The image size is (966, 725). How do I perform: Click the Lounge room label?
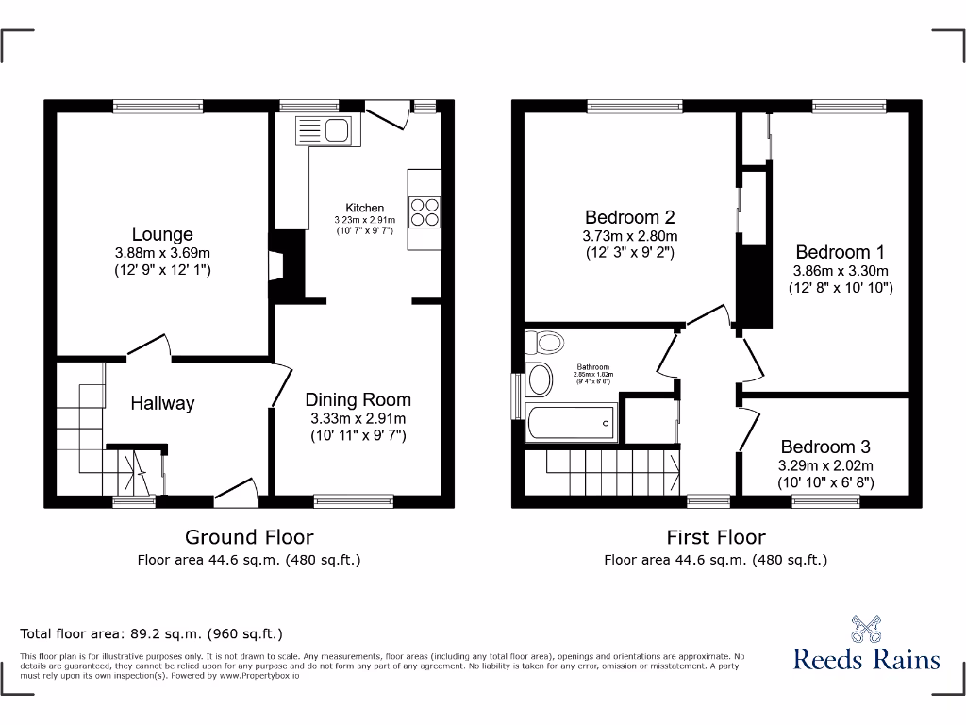(x=162, y=234)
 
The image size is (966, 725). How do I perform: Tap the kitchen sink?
(x=324, y=130)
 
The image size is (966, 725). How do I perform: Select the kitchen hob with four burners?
(x=425, y=211)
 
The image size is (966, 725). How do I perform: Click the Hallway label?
(x=162, y=403)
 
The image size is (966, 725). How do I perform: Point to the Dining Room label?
(x=358, y=399)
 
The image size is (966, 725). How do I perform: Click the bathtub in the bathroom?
(x=572, y=422)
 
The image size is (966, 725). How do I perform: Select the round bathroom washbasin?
(x=541, y=379)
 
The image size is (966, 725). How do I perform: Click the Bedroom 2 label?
(x=629, y=217)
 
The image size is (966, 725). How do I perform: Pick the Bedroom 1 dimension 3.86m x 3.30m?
(x=840, y=270)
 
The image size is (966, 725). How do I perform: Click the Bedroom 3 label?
(x=825, y=447)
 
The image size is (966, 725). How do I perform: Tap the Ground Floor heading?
(x=249, y=537)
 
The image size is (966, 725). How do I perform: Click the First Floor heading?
(x=716, y=537)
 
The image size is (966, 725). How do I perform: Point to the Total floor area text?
(x=152, y=633)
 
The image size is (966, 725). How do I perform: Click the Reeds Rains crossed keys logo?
(x=866, y=629)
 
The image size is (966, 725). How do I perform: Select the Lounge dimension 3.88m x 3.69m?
(x=162, y=253)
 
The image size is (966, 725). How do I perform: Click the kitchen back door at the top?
(x=388, y=116)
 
